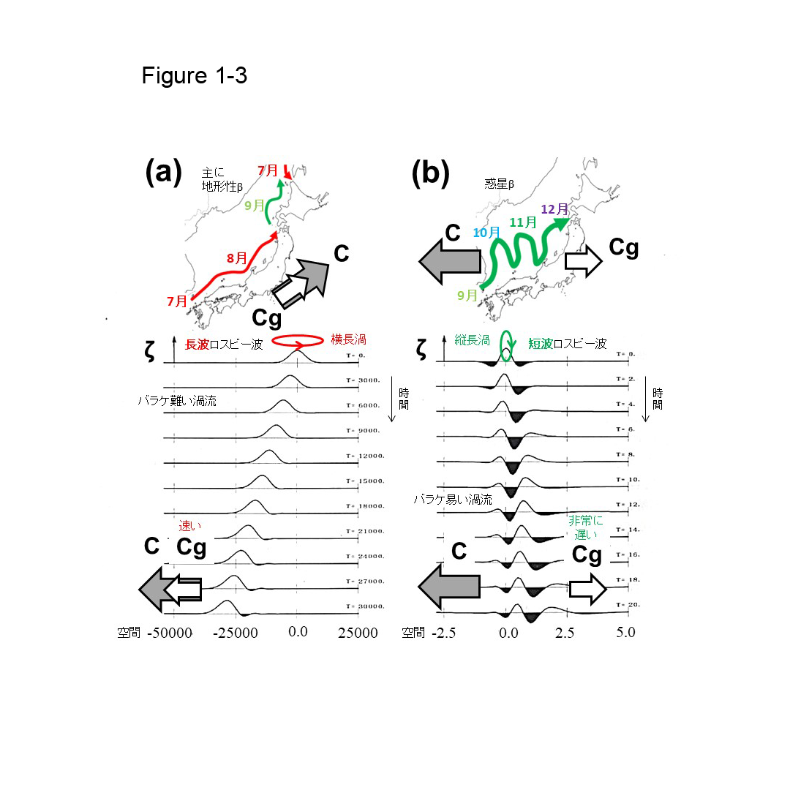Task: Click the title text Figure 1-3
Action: coord(195,75)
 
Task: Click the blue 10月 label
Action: coord(486,232)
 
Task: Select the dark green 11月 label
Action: coord(522,222)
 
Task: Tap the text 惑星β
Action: coord(500,184)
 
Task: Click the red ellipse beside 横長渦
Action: coord(296,341)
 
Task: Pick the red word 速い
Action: coord(191,526)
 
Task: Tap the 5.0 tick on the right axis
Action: coord(625,632)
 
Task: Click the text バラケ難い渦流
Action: coord(176,401)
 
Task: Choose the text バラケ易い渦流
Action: coord(453,499)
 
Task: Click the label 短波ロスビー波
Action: coord(567,344)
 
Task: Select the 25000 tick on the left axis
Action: coord(358,633)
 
